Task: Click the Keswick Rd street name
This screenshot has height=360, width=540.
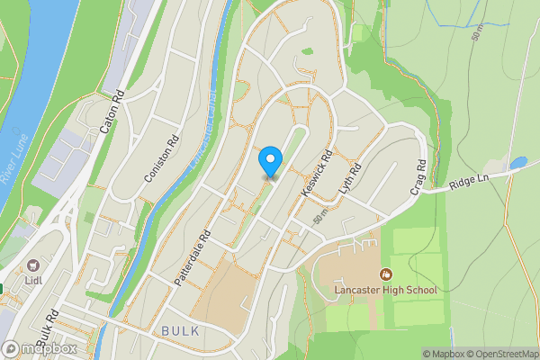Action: [318, 174]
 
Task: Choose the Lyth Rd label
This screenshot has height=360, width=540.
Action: [349, 182]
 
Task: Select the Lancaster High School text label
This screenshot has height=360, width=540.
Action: [384, 290]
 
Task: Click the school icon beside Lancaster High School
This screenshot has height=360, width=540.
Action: [386, 274]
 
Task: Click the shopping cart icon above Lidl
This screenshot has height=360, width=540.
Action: [34, 265]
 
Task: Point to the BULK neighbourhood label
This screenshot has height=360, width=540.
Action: [180, 331]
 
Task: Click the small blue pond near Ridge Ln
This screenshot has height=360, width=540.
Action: [517, 164]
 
